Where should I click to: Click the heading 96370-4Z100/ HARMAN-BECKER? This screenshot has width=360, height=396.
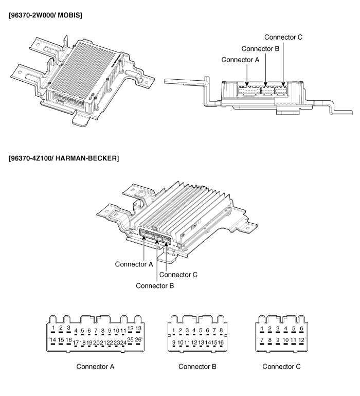pos(64,158)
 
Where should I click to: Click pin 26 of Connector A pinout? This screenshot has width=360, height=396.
pos(138,340)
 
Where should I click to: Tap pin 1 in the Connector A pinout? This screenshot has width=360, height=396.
pos(53,327)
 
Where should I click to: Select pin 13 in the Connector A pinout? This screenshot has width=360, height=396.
pos(138,328)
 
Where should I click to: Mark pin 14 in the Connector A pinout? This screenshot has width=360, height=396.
pos(52,340)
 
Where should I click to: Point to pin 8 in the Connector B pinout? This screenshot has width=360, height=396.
pos(221,331)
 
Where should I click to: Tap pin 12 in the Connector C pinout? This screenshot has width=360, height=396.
pos(301,340)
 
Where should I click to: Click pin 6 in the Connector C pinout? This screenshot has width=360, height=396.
pos(301,328)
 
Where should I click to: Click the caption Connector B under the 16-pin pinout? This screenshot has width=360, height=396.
pos(197,367)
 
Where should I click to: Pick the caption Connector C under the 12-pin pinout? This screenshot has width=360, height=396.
pos(281,367)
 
